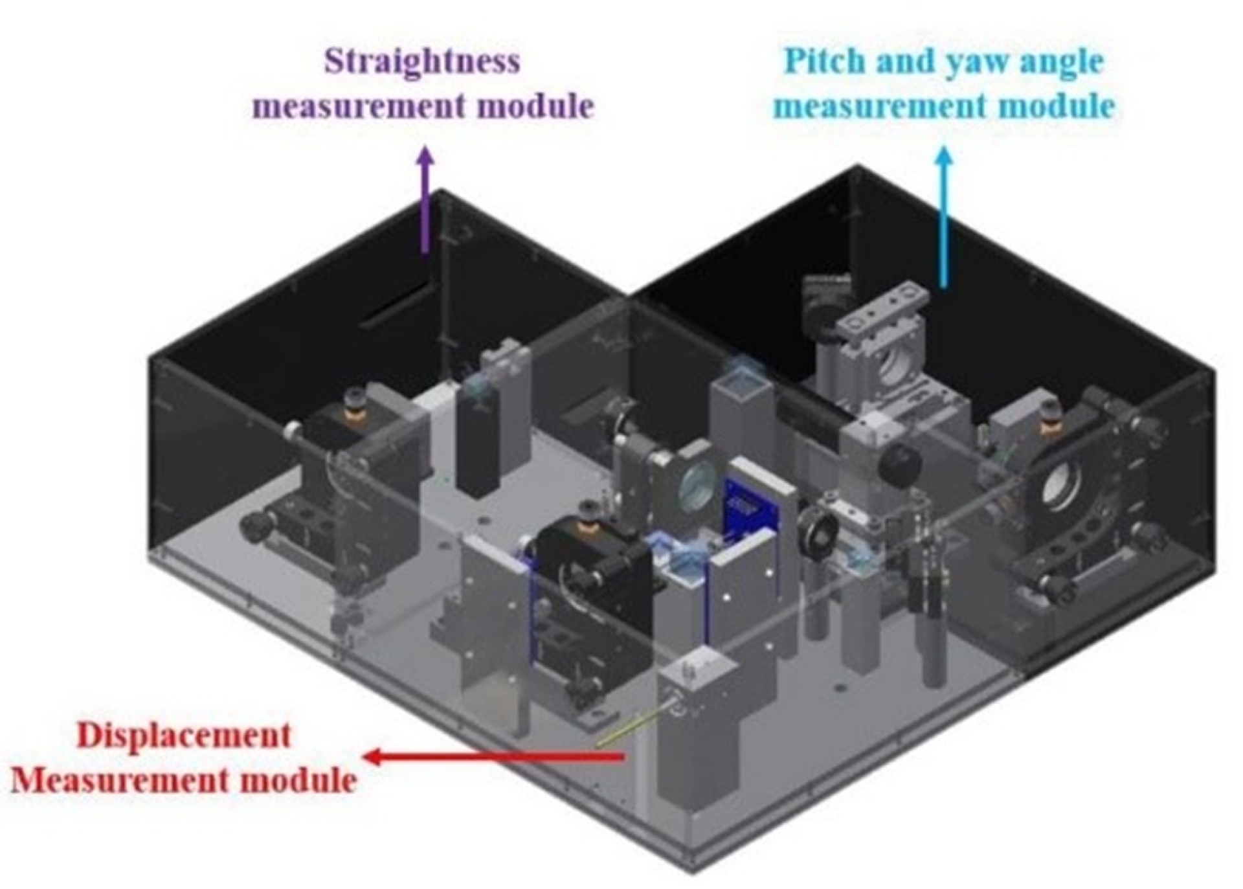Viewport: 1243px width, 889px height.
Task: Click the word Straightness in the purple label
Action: [421, 62]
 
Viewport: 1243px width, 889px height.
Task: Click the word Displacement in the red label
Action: [184, 736]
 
